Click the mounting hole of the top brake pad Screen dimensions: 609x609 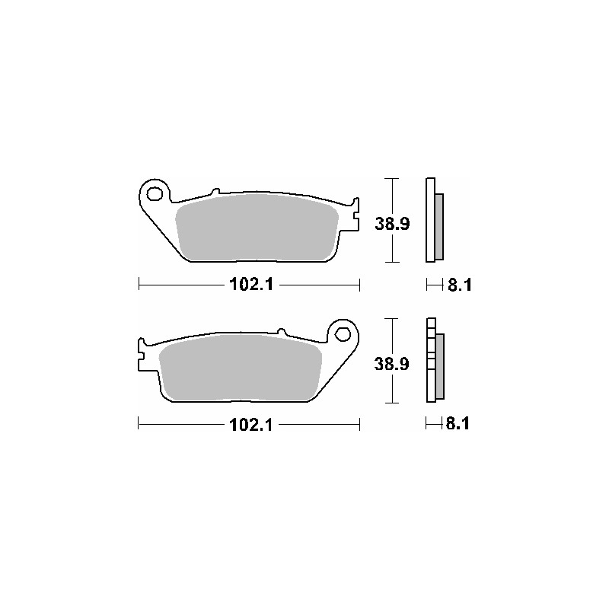click(155, 193)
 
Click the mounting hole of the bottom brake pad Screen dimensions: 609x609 click(343, 333)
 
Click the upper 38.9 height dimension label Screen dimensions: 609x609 click(394, 225)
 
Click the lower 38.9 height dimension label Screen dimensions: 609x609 click(394, 365)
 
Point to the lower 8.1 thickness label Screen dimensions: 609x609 click(457, 425)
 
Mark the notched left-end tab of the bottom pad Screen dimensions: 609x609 click(142, 353)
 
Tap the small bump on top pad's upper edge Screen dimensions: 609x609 click(215, 191)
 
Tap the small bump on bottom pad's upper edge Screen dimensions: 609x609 click(281, 332)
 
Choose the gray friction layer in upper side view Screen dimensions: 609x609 click(439, 226)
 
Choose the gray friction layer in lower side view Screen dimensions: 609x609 click(439, 366)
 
